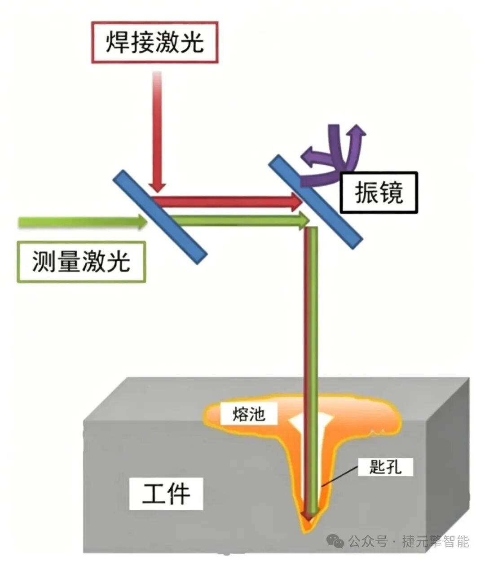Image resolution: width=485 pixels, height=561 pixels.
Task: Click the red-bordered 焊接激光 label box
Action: point(154,42)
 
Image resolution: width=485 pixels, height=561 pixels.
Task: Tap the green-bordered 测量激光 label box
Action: point(81,262)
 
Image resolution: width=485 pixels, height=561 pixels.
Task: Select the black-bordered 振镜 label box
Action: point(379,193)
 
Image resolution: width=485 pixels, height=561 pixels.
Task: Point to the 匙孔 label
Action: point(385,467)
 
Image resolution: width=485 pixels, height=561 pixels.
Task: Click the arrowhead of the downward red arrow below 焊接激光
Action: point(158,187)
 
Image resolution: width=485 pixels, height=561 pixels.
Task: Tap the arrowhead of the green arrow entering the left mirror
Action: point(142,222)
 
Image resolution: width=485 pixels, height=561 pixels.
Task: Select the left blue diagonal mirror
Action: point(160,217)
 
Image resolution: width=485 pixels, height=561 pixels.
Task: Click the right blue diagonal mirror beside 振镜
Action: point(316,202)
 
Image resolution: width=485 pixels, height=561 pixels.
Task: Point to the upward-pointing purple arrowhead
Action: point(357,130)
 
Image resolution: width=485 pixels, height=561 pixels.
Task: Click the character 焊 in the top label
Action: point(117,42)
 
